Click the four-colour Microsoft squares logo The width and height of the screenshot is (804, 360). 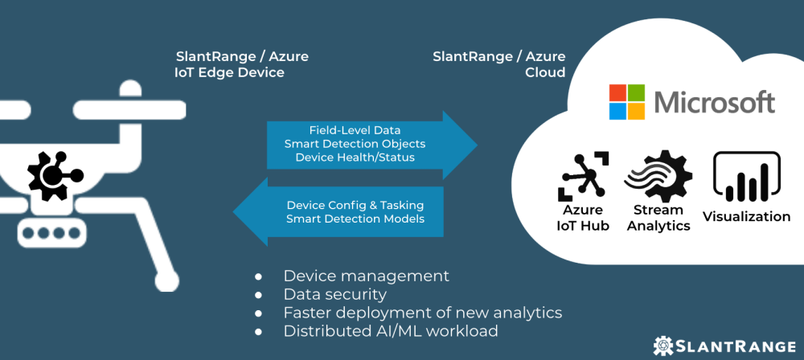point(627,101)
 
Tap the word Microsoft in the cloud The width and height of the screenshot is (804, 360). point(714,102)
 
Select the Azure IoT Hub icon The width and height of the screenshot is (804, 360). point(584,174)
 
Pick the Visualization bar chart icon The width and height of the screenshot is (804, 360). point(747,177)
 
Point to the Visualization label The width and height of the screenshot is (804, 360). point(747,216)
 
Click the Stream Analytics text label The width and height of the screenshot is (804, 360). point(658,218)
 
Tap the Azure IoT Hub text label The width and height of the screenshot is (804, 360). point(584,218)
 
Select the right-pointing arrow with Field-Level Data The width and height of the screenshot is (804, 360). point(370,144)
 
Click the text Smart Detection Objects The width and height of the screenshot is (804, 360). point(355,144)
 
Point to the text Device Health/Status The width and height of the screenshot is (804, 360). point(355,157)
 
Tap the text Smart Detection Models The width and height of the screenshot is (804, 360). point(355,219)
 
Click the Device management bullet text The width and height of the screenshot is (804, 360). point(366,276)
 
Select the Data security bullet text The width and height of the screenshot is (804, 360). point(334,294)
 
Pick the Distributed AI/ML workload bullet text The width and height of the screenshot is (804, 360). point(391,330)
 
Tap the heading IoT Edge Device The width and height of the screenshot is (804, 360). point(229,72)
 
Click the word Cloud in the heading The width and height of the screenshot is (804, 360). point(545,72)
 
